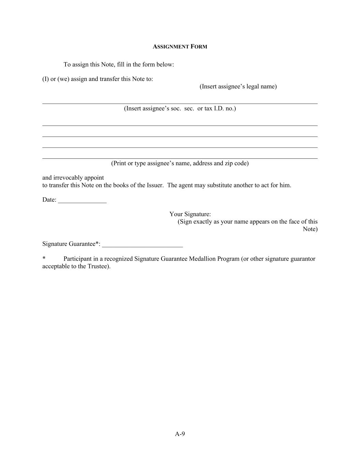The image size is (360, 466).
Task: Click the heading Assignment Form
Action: [180, 47]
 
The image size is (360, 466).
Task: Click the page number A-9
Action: [180, 434]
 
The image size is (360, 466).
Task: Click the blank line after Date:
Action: [82, 201]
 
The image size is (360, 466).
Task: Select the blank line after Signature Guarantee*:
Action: [142, 245]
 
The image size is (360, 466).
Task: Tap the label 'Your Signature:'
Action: [190, 214]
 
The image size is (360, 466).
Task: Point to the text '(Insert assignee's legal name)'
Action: [238, 86]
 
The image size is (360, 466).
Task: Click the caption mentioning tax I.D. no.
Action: [180, 109]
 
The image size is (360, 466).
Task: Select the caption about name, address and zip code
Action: [180, 163]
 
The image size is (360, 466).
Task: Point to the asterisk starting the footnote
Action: [44, 258]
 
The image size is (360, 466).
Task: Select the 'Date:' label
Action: [49, 200]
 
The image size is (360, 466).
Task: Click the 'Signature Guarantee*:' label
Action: [71, 244]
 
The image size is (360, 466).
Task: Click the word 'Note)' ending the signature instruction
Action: [310, 229]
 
